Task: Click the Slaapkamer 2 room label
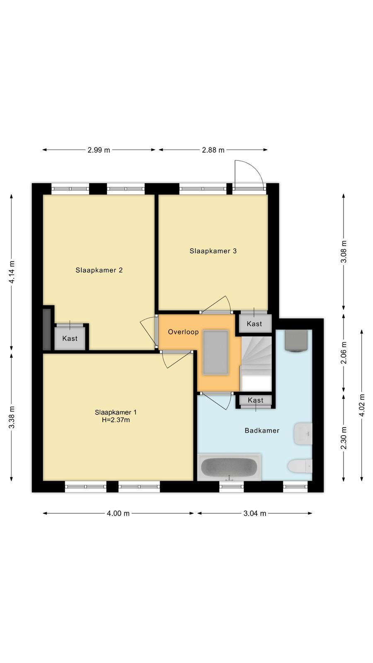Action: click(x=99, y=270)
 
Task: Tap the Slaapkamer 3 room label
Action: click(x=213, y=251)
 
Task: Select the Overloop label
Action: click(x=183, y=332)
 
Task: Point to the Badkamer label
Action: click(x=262, y=431)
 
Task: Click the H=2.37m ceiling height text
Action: click(x=116, y=420)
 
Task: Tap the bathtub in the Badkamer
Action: click(x=229, y=467)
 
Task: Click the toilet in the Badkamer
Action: click(x=300, y=466)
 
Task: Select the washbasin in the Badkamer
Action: click(x=303, y=434)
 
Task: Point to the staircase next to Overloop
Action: click(x=257, y=364)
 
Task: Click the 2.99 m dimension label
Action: click(x=99, y=150)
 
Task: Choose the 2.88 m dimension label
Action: click(x=213, y=150)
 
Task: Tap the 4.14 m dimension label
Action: click(x=12, y=272)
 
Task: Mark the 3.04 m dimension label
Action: click(x=254, y=513)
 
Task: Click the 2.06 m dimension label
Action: click(x=344, y=353)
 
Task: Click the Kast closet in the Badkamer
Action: click(x=255, y=400)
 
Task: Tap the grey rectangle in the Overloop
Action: click(x=216, y=353)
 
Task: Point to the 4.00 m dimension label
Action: click(x=118, y=513)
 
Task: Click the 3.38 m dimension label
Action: click(x=12, y=417)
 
